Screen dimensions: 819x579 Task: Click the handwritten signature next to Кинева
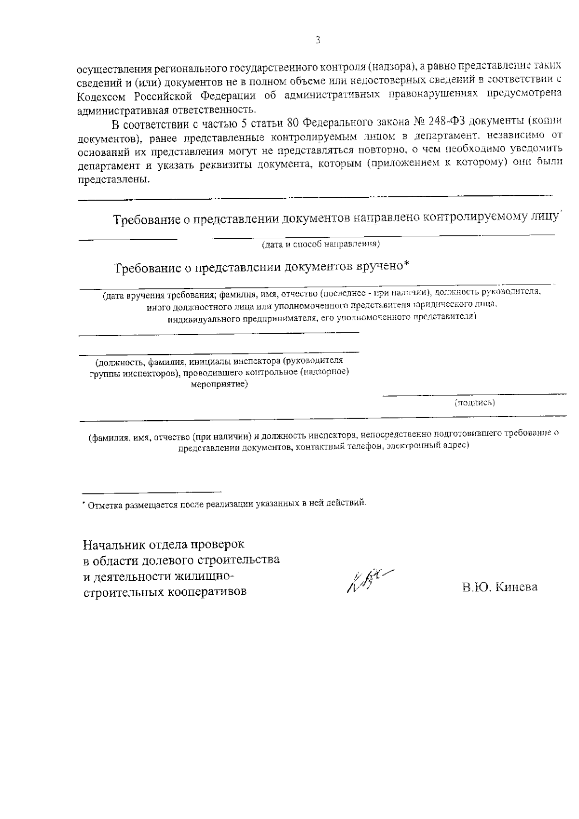pos(367,582)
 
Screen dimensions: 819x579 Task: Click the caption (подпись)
pos(475,403)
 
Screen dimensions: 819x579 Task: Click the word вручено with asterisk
pos(382,266)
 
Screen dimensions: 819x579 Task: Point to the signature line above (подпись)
pos(475,396)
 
